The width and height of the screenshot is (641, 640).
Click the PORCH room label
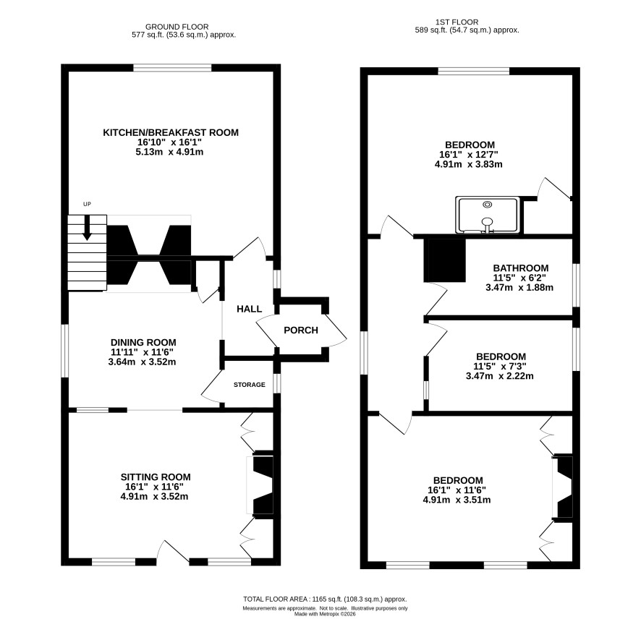pyautogui.click(x=301, y=330)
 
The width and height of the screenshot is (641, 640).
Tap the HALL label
pyautogui.click(x=250, y=309)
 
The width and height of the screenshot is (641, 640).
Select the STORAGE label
pyautogui.click(x=250, y=385)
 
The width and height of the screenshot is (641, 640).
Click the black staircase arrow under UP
pyautogui.click(x=87, y=228)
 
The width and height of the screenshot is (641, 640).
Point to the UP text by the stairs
pyautogui.click(x=87, y=204)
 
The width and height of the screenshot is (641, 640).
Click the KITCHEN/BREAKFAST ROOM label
pyautogui.click(x=171, y=132)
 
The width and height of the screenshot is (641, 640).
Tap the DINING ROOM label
pyautogui.click(x=143, y=343)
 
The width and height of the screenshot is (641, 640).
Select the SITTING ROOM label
pyautogui.click(x=156, y=477)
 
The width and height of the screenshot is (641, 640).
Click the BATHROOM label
pyautogui.click(x=521, y=268)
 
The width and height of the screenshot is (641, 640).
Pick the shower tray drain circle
pyautogui.click(x=488, y=205)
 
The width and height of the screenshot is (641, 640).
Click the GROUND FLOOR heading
pyautogui.click(x=177, y=27)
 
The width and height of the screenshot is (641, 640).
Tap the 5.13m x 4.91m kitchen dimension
pyautogui.click(x=169, y=152)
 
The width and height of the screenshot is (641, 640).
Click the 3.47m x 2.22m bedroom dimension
pyautogui.click(x=500, y=376)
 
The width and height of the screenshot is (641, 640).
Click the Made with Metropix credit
pyautogui.click(x=325, y=614)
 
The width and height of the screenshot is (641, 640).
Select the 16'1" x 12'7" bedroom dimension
pyautogui.click(x=469, y=155)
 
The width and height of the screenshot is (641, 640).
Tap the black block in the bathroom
pyautogui.click(x=445, y=260)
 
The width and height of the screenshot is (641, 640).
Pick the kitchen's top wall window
pyautogui.click(x=172, y=67)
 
